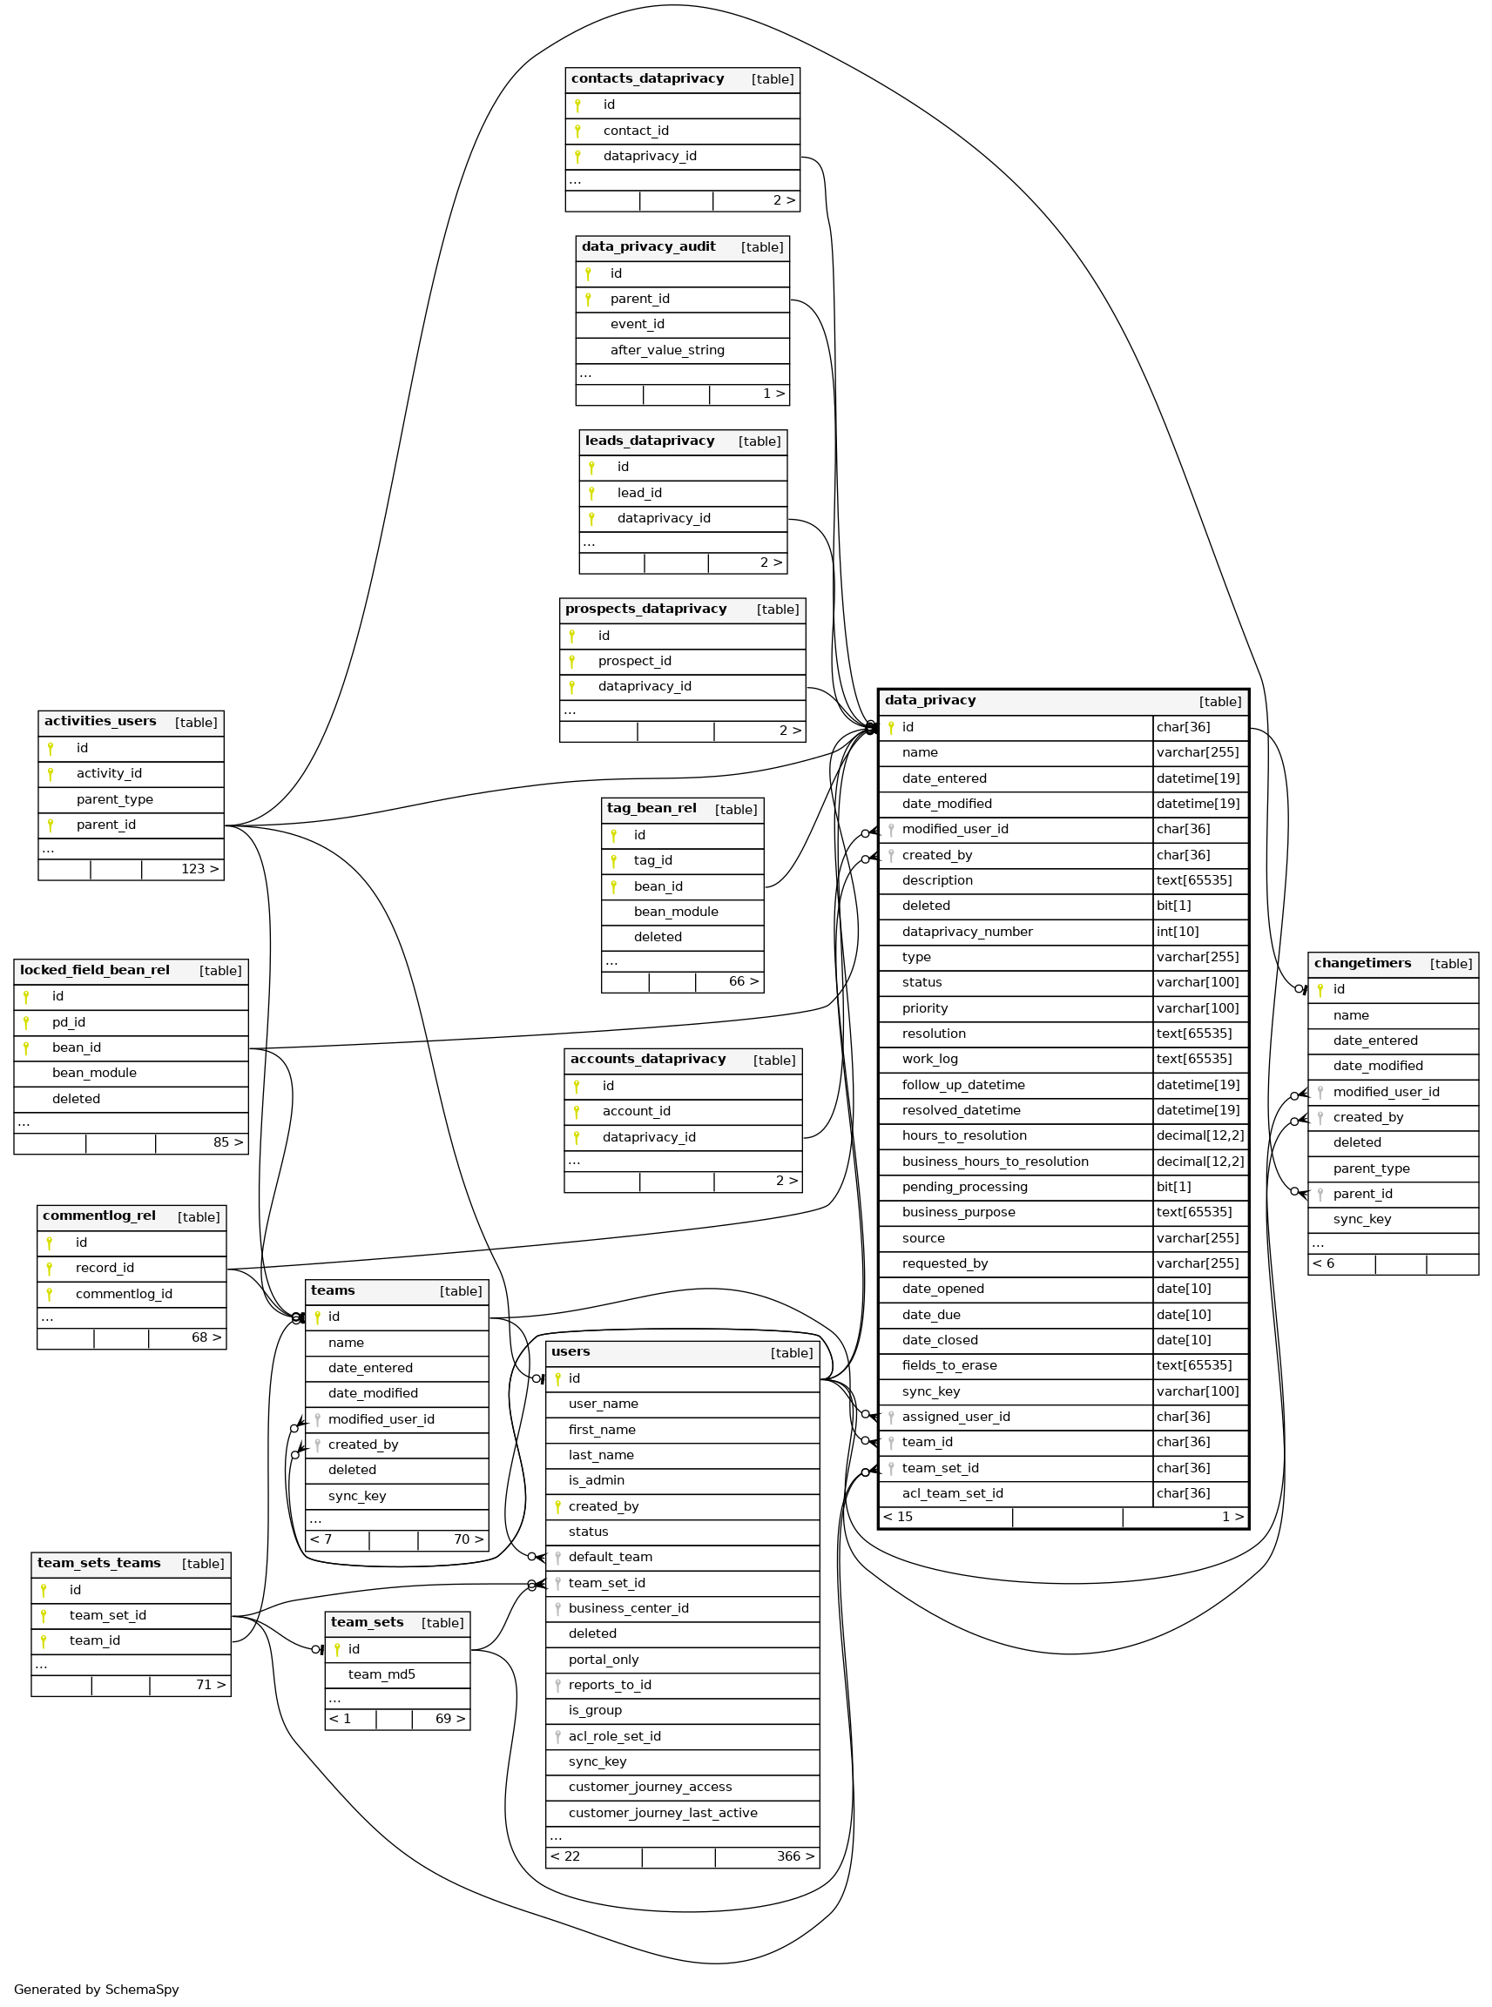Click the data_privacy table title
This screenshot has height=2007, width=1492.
point(929,701)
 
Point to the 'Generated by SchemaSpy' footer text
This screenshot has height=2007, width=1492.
point(96,1989)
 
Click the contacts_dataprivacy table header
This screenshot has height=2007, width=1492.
point(646,79)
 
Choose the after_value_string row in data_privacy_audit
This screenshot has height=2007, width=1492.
point(666,350)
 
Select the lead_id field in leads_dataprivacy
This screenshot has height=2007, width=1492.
point(638,493)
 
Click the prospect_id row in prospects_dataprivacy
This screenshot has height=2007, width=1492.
point(634,661)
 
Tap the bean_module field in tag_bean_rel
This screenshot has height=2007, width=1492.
point(676,912)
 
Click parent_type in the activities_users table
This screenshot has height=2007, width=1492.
point(115,799)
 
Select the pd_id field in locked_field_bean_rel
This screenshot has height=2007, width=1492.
point(69,1022)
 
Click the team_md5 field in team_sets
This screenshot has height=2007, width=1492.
point(381,1674)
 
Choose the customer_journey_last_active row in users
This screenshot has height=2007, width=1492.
point(662,1813)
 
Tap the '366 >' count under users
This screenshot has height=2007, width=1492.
point(794,1856)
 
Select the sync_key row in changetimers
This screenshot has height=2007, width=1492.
point(1361,1220)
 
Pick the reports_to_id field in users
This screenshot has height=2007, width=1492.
point(610,1685)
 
